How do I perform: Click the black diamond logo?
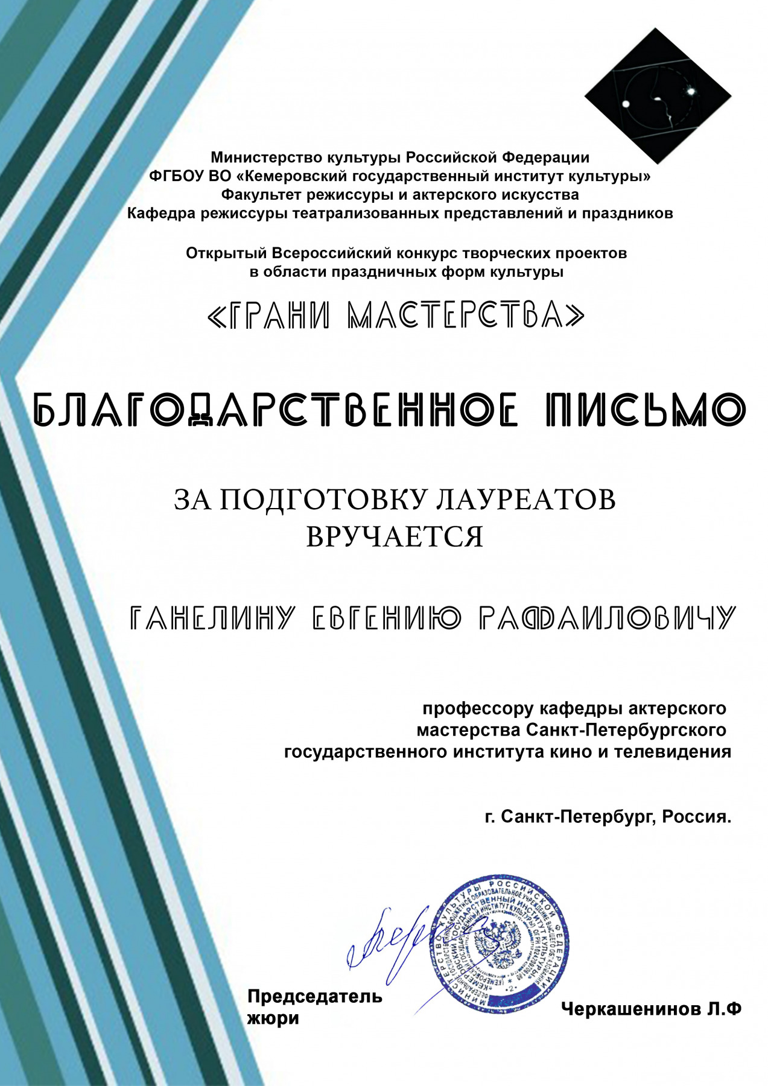point(658,97)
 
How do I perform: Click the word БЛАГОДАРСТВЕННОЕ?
point(275,410)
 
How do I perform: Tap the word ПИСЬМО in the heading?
point(646,410)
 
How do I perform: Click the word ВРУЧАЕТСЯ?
point(395,536)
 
